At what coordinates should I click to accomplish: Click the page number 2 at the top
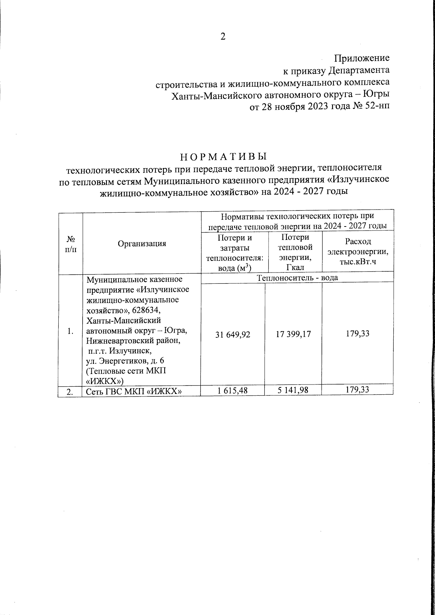[223, 36]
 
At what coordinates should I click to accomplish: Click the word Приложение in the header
[361, 58]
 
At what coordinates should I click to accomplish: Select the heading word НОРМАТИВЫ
[223, 157]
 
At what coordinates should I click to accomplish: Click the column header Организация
[142, 244]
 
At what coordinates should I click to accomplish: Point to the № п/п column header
[71, 244]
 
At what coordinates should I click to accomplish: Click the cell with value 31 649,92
[233, 334]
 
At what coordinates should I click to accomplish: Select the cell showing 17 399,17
[294, 334]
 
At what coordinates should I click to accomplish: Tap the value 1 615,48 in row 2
[233, 390]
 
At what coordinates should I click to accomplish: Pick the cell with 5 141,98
[294, 390]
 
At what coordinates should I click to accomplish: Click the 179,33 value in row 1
[357, 333]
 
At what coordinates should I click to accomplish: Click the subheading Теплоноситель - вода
[297, 278]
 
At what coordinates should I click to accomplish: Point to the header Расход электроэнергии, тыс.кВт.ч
[357, 252]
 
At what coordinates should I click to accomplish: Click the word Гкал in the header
[295, 267]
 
